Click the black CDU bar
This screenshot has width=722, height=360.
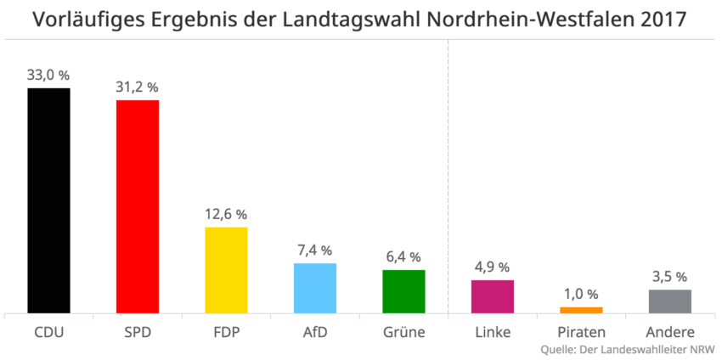48,200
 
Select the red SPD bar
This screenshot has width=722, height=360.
138,206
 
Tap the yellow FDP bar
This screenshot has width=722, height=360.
226,270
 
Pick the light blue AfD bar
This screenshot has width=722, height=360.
315,288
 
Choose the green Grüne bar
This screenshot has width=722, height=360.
403,291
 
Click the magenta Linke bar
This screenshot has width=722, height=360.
493,296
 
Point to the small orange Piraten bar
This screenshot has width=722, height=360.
581,310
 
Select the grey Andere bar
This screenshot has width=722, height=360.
670,301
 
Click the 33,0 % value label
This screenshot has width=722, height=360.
48,75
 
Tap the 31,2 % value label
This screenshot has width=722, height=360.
138,87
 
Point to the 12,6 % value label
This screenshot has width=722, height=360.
226,214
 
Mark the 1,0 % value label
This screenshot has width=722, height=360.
581,294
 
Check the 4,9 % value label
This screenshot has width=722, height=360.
493,267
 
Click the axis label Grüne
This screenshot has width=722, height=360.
403,331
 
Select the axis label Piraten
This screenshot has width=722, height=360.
582,331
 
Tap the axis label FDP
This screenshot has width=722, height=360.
226,331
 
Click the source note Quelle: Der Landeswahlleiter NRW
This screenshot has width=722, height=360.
627,349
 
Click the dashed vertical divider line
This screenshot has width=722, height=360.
448,170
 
